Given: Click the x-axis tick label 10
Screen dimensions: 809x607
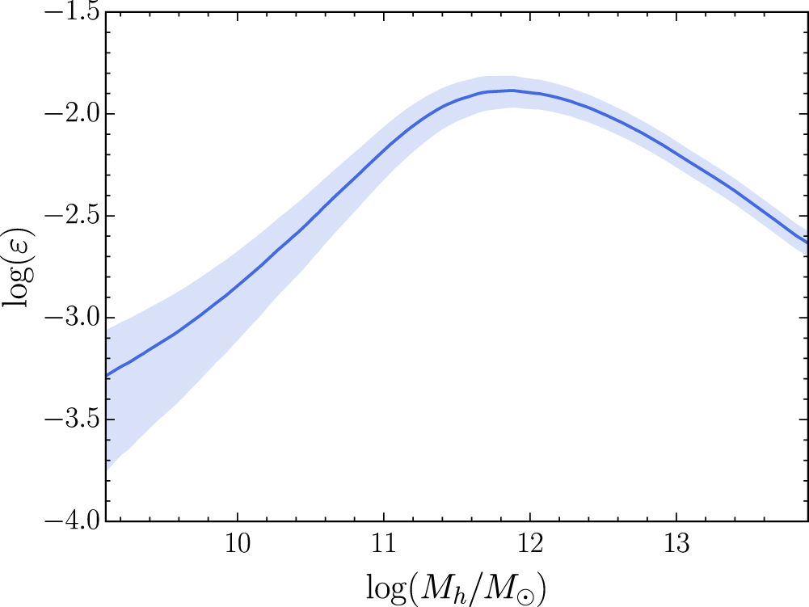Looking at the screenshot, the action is click(x=238, y=544).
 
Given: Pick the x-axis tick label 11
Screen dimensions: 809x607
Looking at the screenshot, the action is click(x=385, y=544).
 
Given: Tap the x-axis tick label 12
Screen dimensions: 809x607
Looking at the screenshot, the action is click(x=530, y=544).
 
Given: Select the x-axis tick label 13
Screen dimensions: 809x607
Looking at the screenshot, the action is click(x=676, y=544).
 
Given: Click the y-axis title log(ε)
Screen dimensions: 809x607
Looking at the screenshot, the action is click(x=19, y=267).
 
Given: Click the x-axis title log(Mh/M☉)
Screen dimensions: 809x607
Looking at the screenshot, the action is click(x=456, y=588).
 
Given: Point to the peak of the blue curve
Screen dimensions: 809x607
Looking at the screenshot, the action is click(x=511, y=91).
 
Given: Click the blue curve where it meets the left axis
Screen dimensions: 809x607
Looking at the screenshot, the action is click(x=107, y=376).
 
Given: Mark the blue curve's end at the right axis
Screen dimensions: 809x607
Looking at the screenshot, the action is click(x=807, y=242).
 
